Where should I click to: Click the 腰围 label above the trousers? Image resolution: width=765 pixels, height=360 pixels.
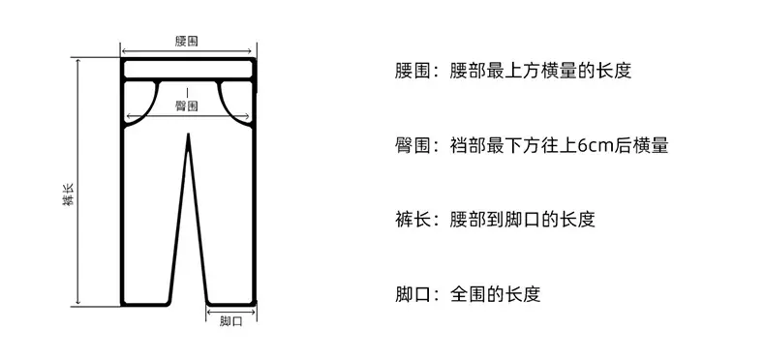pyautogui.click(x=187, y=41)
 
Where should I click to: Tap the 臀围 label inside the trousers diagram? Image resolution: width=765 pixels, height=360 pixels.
pyautogui.click(x=187, y=105)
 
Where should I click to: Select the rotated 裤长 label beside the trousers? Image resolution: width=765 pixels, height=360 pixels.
pyautogui.click(x=69, y=195)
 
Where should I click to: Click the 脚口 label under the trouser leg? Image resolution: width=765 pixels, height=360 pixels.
pyautogui.click(x=230, y=321)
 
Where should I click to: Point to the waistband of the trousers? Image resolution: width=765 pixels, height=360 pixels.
pyautogui.click(x=188, y=70)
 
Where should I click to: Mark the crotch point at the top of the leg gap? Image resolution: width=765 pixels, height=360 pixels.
pyautogui.click(x=188, y=134)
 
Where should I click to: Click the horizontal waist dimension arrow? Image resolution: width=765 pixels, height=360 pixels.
pyautogui.click(x=186, y=50)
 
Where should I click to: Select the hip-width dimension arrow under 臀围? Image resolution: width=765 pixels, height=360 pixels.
pyautogui.click(x=188, y=116)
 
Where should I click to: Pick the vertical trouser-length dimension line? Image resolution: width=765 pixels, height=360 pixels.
pyautogui.click(x=77, y=182)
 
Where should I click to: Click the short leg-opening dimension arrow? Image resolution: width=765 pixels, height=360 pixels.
pyautogui.click(x=231, y=312)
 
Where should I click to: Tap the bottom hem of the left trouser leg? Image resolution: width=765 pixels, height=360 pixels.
pyautogui.click(x=145, y=304)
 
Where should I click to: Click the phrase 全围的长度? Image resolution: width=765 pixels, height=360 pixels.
pyautogui.click(x=495, y=294)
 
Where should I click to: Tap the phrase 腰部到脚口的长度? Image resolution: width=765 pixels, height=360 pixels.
pyautogui.click(x=523, y=220)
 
